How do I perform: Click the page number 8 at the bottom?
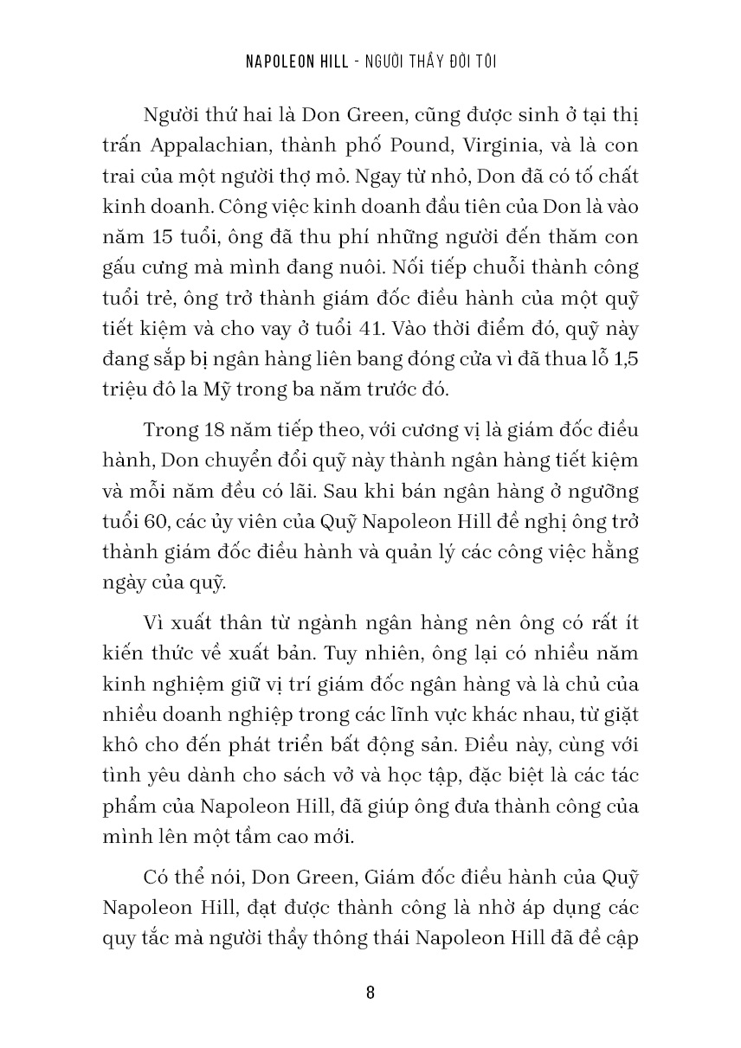370,992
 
